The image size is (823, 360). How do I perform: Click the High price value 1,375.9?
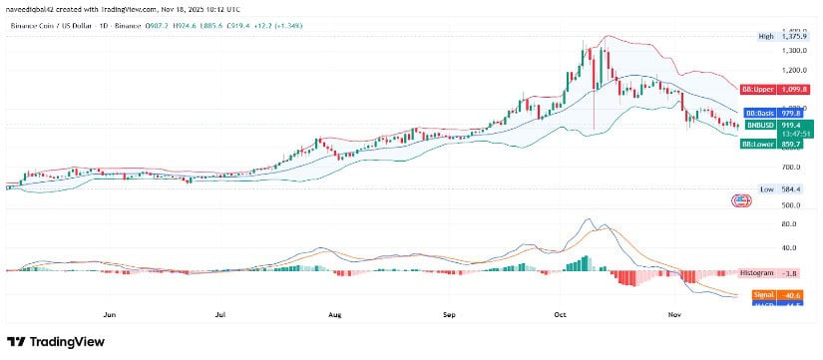(787, 36)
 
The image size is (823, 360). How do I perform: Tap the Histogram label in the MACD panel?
(755, 272)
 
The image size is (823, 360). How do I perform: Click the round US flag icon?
(741, 200)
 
